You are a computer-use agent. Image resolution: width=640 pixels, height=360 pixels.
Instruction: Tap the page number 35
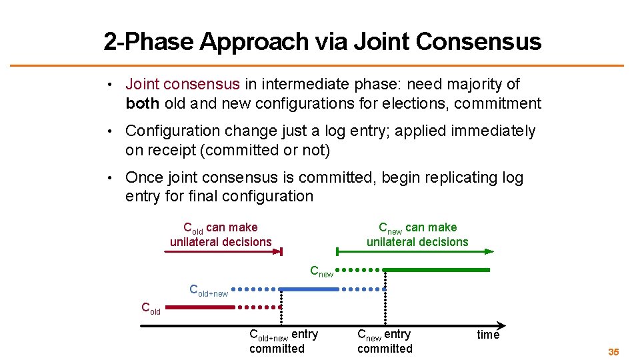pos(613,351)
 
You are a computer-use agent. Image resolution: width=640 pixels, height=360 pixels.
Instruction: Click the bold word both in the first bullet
pos(142,103)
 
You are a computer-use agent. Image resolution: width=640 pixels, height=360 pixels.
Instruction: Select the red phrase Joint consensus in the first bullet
pos(182,84)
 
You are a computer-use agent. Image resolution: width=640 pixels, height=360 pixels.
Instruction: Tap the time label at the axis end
pos(488,335)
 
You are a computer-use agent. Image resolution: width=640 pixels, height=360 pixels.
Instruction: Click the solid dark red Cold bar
pos(199,307)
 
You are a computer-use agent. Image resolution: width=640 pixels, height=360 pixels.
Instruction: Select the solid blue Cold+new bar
pos(300,289)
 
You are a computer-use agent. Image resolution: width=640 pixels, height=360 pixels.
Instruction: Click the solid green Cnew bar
pos(437,270)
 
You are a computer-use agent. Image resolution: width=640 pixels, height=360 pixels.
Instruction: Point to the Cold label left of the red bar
pos(151,308)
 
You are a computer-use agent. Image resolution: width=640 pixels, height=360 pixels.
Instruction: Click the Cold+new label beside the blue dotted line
pos(209,290)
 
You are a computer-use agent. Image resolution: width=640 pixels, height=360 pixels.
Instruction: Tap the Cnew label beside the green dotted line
pos(321,271)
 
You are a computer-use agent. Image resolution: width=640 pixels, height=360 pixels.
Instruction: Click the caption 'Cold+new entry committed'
pos(283,341)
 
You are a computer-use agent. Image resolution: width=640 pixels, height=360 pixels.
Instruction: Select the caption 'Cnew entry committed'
pos(385,341)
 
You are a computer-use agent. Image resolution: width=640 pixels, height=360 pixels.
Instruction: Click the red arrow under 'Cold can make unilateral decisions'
pos(223,251)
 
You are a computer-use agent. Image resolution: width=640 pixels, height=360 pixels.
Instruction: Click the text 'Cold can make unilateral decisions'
pos(221,235)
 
